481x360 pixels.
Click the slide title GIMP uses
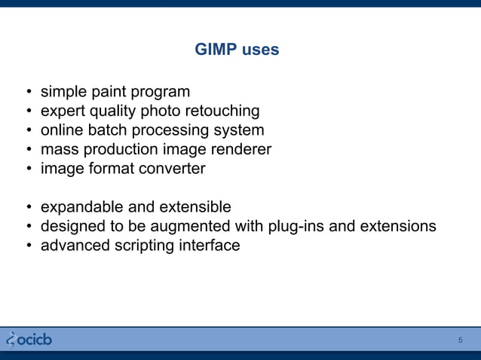pos(237,50)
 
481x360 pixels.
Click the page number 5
pos(461,340)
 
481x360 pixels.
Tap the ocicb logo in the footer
pos(29,340)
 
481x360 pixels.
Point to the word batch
pos(105,131)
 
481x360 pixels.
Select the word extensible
pos(195,207)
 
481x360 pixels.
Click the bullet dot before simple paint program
pos(28,93)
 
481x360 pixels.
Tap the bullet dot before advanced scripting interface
pos(28,246)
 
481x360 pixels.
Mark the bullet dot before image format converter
pos(28,169)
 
